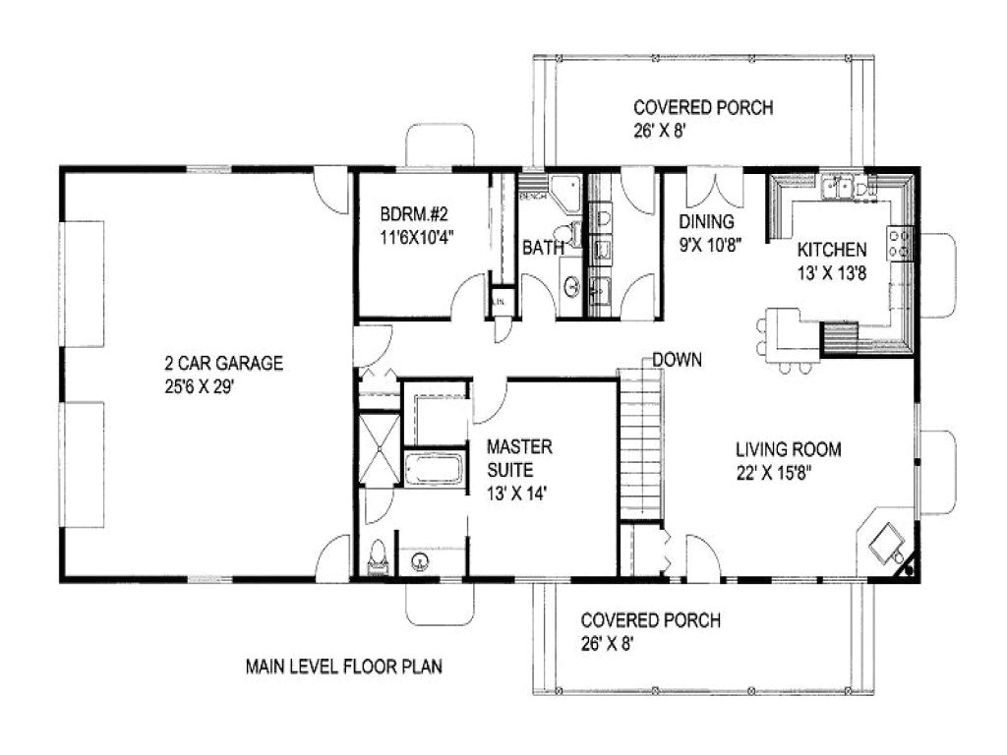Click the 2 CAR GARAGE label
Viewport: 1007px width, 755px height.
pos(223,364)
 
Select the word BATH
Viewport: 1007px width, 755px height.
pos(542,248)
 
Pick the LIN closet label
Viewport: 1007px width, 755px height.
pos(500,301)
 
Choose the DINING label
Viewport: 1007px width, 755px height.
pos(706,222)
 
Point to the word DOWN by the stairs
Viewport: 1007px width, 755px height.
pos(677,360)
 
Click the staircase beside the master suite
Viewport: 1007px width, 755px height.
pos(641,442)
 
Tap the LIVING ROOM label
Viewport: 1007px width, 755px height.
pos(788,450)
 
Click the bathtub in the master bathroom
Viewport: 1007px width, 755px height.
pos(434,468)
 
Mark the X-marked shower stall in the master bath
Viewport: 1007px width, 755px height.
pos(379,450)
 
